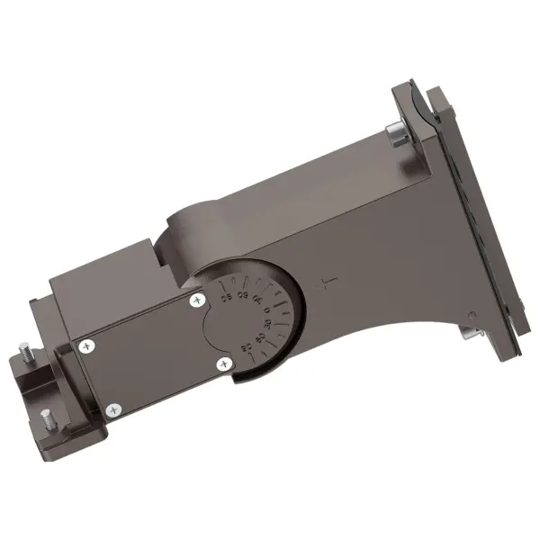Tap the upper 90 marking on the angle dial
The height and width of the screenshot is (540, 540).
(226, 298)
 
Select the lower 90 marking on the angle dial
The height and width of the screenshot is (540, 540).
(246, 346)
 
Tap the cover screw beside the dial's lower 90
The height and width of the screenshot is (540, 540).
(223, 363)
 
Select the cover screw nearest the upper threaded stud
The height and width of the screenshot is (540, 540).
(86, 344)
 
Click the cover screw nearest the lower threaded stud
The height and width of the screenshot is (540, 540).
(112, 409)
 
